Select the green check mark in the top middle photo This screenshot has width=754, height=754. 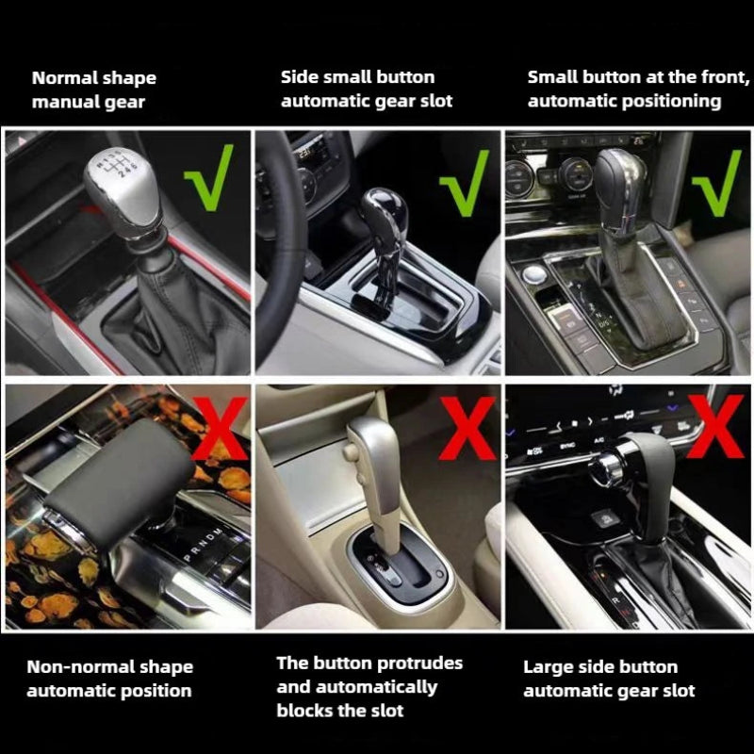[465, 181]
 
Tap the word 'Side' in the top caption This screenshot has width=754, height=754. [300, 77]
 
